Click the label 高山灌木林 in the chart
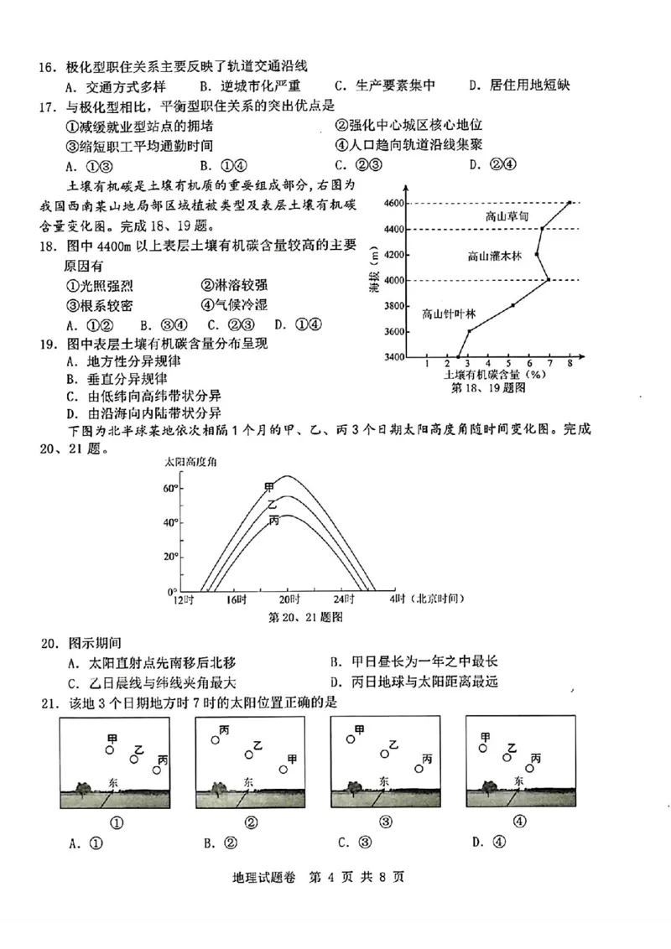pos(495,256)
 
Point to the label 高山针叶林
pos(449,314)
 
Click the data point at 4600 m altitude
pos(570,203)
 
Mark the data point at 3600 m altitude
pos(469,331)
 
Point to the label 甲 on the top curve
pos(268,487)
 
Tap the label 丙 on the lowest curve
pos(273,521)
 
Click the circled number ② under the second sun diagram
pos(251,822)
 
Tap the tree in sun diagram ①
pos(82,788)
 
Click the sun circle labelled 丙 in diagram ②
pos(216,740)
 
